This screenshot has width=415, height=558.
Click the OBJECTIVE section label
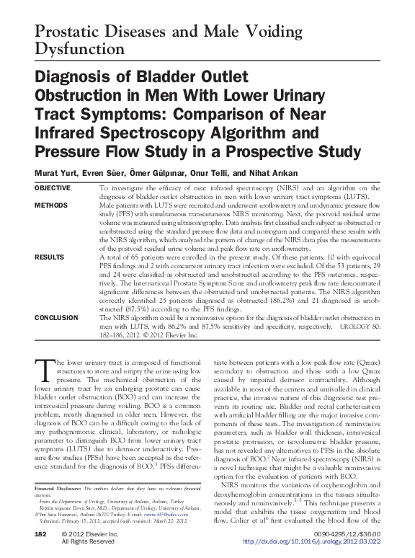click(53, 187)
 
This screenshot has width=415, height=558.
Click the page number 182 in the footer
click(40, 535)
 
